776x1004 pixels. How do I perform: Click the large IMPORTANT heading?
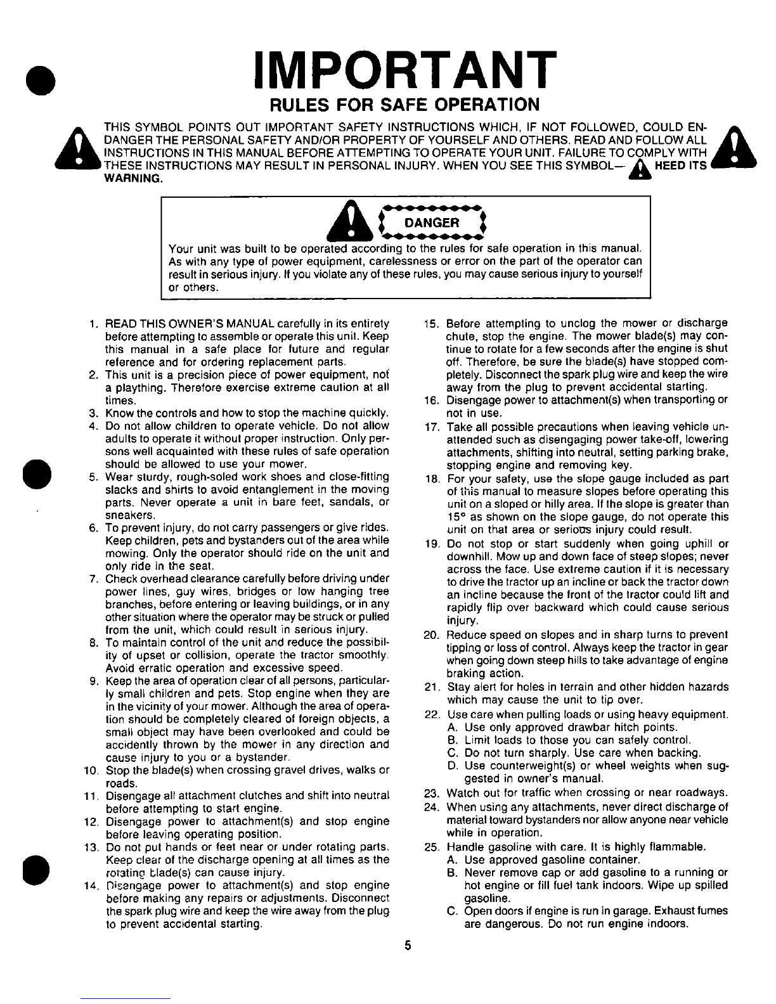point(399,68)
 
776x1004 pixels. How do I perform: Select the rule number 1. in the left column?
point(94,324)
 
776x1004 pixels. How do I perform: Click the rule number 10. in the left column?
point(92,771)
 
